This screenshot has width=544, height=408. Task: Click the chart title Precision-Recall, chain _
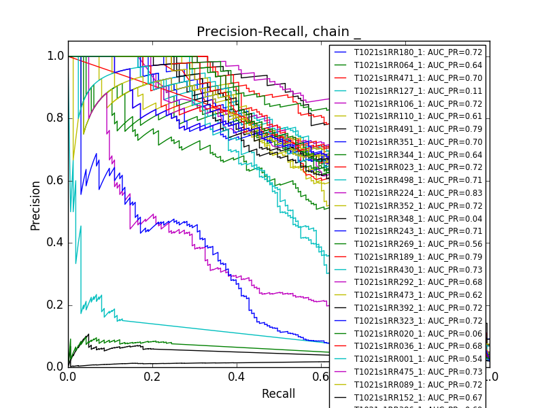[x=279, y=32]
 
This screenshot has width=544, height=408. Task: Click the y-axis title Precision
[x=35, y=205]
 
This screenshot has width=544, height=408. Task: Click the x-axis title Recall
[x=279, y=394]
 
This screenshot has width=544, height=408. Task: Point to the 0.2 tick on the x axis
[x=152, y=377]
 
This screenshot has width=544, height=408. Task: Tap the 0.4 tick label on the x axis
[x=237, y=377]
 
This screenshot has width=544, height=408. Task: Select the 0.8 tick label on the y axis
[x=56, y=118]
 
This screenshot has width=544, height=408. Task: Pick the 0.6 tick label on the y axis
[x=56, y=180]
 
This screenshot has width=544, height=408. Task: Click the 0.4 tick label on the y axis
[x=56, y=243]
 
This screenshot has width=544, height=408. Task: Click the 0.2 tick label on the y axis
[x=56, y=305]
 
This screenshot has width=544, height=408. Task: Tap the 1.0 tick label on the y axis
[x=56, y=56]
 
